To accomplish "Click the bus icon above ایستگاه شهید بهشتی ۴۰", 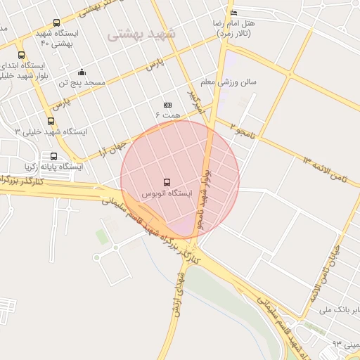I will [57, 23].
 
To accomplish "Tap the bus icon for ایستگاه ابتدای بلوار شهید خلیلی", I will [21, 55].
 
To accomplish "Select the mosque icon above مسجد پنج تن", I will [82, 72].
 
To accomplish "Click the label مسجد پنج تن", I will [82, 83].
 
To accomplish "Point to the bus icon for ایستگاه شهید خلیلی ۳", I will [50, 121].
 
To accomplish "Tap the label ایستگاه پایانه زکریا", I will [53, 167].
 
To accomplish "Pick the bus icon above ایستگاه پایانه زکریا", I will [53, 156].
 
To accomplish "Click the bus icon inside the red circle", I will [167, 181].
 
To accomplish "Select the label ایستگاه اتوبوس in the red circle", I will [167, 193].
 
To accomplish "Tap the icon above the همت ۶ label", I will [167, 103].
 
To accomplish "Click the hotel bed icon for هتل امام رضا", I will [234, 13].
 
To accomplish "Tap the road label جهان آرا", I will [112, 149].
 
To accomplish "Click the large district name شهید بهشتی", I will [143, 33].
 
